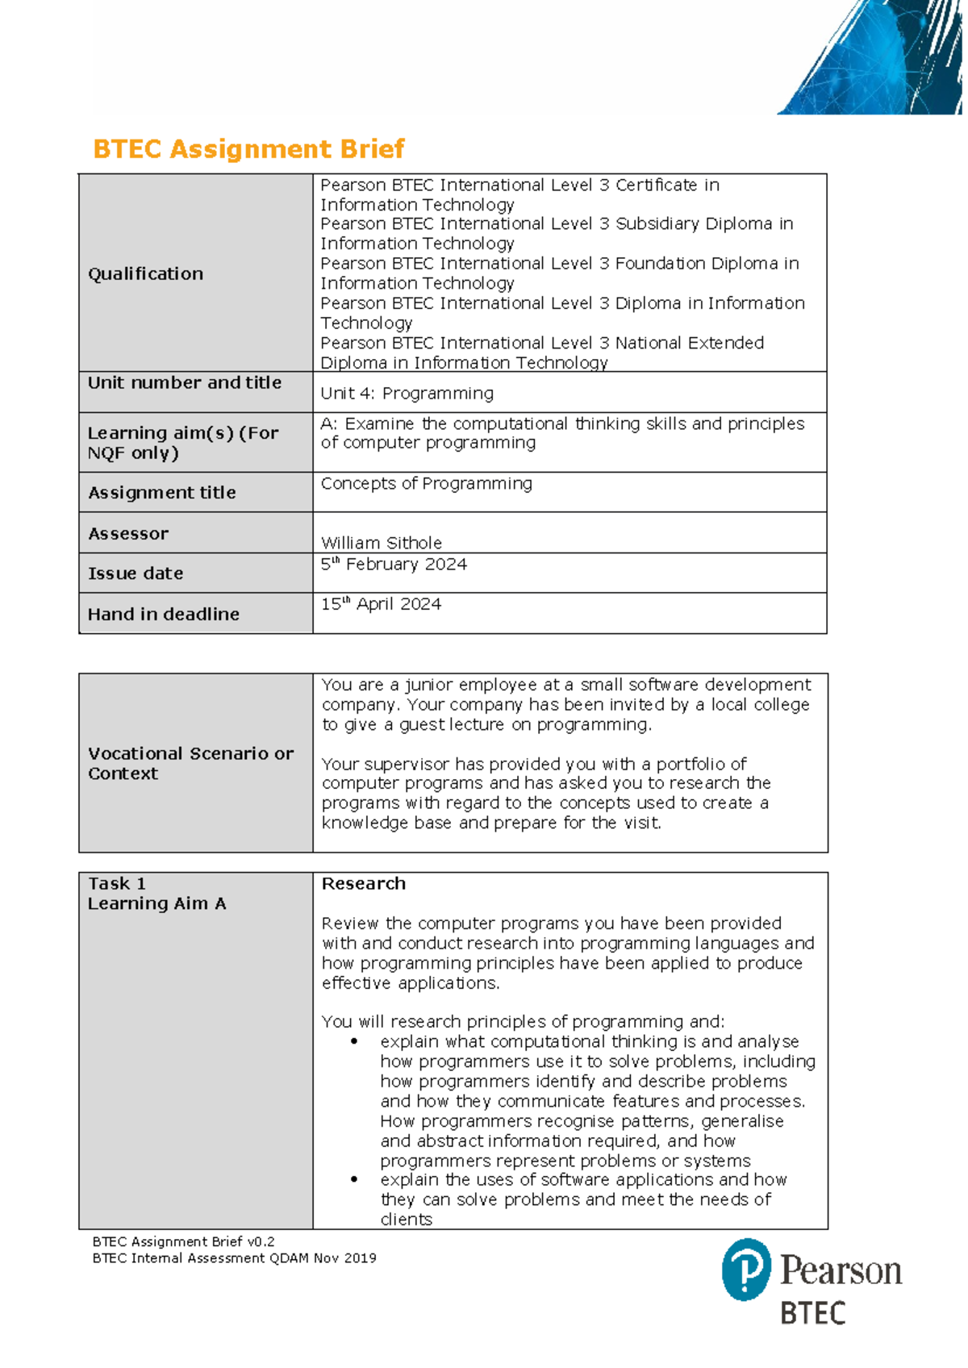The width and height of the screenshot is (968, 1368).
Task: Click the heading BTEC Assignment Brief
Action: (248, 149)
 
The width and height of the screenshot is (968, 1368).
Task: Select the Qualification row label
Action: (145, 274)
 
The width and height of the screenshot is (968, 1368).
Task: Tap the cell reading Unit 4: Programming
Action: (407, 394)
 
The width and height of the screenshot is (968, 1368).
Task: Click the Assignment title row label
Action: (161, 493)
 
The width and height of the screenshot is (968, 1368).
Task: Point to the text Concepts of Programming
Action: (426, 484)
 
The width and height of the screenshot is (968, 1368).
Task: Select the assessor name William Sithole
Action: (381, 543)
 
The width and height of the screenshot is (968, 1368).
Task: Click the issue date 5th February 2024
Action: (394, 565)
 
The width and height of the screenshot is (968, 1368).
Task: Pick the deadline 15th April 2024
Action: (381, 604)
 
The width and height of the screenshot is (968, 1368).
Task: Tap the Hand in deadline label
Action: (163, 615)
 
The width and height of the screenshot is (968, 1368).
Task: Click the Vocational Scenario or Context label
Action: (190, 763)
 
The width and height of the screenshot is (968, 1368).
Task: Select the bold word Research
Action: (363, 884)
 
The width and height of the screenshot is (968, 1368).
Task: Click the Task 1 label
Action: (117, 884)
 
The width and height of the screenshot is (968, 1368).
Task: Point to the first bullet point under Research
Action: (353, 1041)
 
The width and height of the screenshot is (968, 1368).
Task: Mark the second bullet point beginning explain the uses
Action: (353, 1179)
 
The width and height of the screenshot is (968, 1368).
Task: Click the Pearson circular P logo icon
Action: (746, 1270)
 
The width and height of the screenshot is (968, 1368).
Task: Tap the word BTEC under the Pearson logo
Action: (812, 1313)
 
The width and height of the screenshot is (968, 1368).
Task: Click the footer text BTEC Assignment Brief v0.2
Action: (183, 1242)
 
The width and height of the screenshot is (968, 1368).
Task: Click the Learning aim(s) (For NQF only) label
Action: (182, 443)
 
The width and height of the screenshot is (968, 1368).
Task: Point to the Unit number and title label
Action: (184, 383)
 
